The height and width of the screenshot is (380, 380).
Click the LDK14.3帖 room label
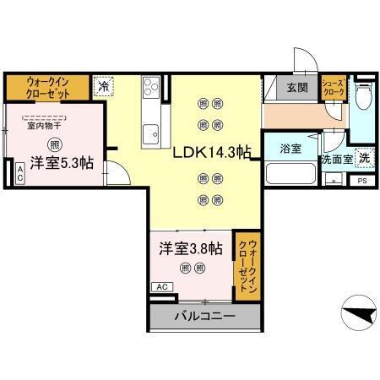212,153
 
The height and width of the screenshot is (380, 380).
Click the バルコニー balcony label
204,317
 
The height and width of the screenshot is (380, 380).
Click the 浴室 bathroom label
290,149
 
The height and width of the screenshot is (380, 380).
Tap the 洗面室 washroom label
336,158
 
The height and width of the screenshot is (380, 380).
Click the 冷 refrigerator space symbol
102,85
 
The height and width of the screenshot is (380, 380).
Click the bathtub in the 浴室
290,174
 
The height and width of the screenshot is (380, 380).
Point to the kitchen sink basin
152,133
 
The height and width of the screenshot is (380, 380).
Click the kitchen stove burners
152,87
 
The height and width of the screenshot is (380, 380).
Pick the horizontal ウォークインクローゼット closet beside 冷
46,86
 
